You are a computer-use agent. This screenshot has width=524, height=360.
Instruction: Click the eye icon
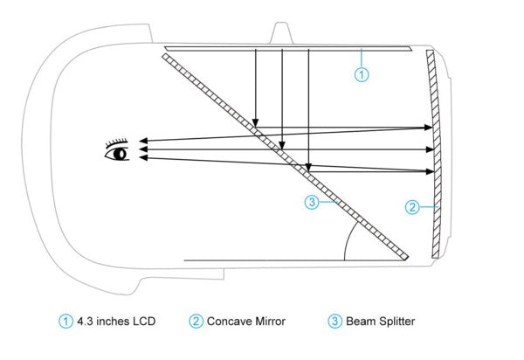117,150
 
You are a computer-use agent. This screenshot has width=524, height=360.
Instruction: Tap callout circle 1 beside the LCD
362,75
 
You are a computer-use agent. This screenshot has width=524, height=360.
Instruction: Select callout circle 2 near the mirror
414,207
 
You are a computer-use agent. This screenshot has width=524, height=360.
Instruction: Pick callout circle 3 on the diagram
311,204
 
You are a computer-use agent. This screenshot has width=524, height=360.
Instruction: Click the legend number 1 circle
65,322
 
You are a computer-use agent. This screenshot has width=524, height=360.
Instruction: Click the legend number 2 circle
196,322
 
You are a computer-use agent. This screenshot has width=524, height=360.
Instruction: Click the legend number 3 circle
335,322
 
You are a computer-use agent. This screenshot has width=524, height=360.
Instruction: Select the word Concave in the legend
229,322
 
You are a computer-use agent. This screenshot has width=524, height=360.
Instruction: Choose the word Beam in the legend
362,322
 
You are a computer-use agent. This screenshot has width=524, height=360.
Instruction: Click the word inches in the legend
114,322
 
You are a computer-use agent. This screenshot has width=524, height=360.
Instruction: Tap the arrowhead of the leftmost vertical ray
255,124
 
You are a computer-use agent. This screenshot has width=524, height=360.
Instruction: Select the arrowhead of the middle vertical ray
283,144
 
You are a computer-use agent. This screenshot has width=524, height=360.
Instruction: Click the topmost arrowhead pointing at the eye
139,140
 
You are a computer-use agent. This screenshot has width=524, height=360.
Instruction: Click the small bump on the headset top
282,31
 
